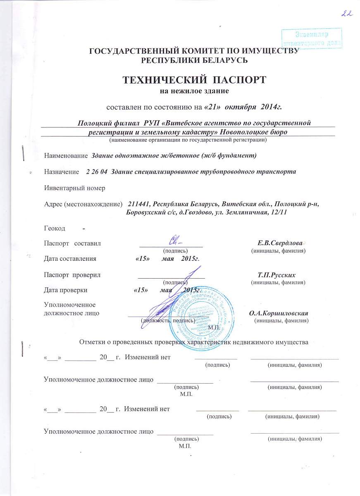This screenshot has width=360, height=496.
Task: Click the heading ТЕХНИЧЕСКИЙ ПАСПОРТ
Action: [194, 79]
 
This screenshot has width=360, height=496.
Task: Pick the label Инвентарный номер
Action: [75, 188]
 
